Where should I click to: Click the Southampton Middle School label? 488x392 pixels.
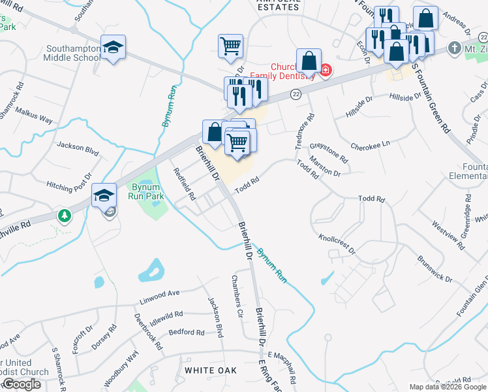73,53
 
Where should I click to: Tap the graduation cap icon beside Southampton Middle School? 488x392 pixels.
113,48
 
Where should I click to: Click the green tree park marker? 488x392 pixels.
64,215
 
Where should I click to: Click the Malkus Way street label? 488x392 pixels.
34,116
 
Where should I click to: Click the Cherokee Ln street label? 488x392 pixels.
369,144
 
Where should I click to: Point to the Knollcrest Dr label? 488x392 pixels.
337,244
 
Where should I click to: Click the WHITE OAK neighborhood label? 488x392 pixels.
209,370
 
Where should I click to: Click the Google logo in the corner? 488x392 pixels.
21,384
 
